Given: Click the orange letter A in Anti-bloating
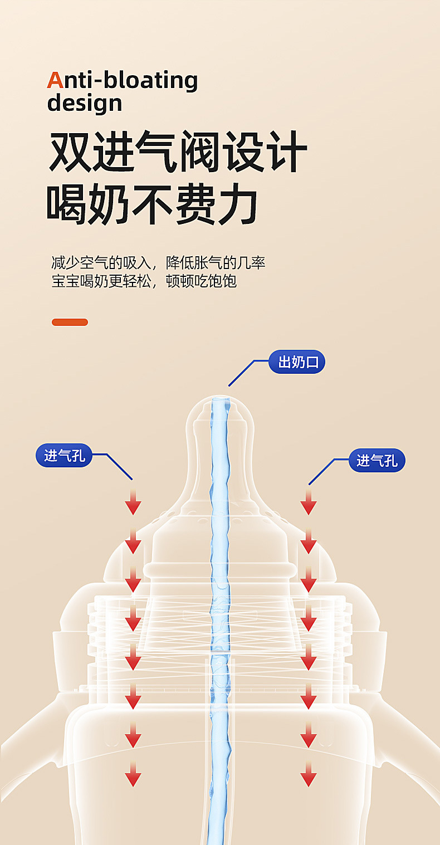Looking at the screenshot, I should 55,80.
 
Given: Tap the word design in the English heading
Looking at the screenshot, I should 85,103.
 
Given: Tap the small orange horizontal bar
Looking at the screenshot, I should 70,322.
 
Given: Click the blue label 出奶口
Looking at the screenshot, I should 297,362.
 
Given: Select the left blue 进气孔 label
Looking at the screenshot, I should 64,456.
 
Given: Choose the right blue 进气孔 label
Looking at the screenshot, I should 377,461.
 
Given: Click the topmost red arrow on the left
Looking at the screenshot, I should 133,502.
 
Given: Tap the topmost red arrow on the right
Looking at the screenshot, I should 309,502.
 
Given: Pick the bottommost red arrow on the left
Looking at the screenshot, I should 133,774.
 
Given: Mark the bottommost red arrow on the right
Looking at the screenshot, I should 309,774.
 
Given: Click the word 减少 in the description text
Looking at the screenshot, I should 63,263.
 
